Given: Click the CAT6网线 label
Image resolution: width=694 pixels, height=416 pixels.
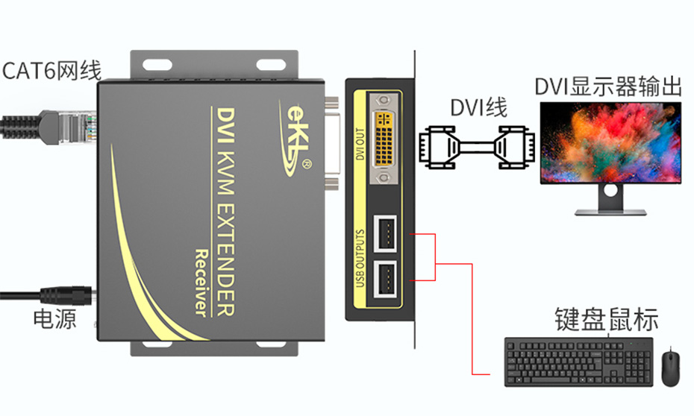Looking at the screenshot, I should point(51,71).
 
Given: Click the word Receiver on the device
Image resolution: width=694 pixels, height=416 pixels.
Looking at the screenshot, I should point(199,283).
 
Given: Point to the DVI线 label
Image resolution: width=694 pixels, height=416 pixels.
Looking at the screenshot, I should point(478,107).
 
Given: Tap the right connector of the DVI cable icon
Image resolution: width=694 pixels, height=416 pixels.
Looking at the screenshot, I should point(519,149).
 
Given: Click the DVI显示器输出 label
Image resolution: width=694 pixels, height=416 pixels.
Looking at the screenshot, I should point(608,86).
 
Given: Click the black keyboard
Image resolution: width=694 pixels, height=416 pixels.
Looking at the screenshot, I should point(578,361).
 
